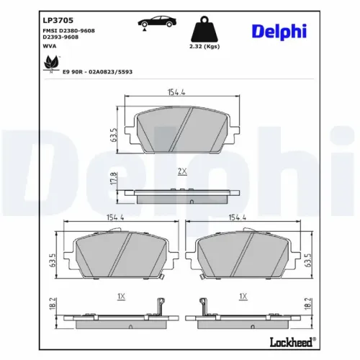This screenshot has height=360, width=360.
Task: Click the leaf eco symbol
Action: (51, 64)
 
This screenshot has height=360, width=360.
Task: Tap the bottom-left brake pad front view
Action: (114, 258)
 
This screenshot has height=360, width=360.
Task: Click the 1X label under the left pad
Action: (120, 297)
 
